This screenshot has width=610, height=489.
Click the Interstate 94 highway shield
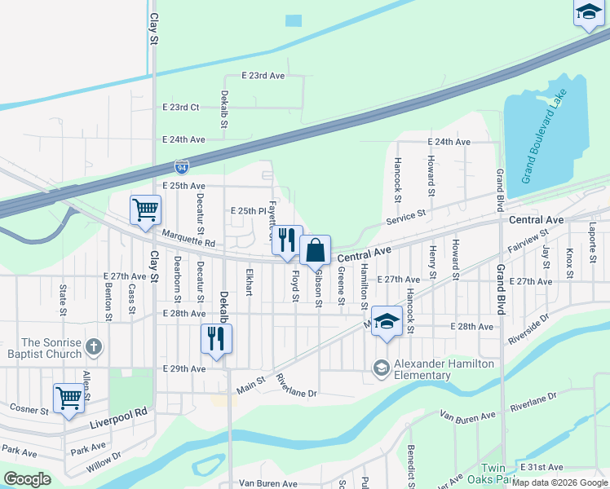(x=182, y=167)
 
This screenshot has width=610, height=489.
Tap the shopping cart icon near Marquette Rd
(x=145, y=209)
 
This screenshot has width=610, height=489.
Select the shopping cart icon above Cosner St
(x=69, y=397)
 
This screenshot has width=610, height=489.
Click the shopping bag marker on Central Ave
(x=315, y=249)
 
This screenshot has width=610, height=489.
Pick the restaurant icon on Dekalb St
(x=216, y=338)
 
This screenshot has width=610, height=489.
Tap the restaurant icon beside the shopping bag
(x=286, y=240)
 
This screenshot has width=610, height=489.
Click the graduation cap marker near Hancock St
(x=387, y=319)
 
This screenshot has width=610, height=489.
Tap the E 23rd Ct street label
(x=181, y=108)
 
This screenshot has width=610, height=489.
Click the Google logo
(x=27, y=479)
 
